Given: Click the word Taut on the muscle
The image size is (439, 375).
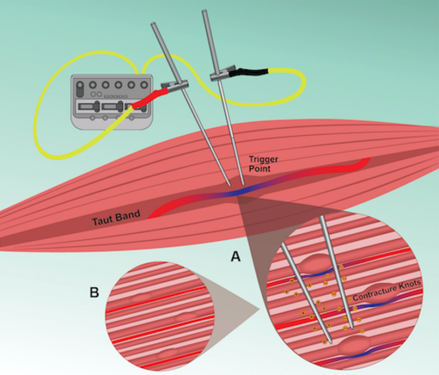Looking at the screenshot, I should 103,221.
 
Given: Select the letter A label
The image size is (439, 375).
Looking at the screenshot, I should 235,258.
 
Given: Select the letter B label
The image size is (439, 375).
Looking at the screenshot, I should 94,293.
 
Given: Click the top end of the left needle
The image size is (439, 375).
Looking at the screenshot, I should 153,25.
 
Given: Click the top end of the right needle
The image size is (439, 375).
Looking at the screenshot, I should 203,12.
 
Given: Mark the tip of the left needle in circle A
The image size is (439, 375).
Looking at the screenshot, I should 326,338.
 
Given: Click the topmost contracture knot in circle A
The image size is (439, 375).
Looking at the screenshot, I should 318,265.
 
